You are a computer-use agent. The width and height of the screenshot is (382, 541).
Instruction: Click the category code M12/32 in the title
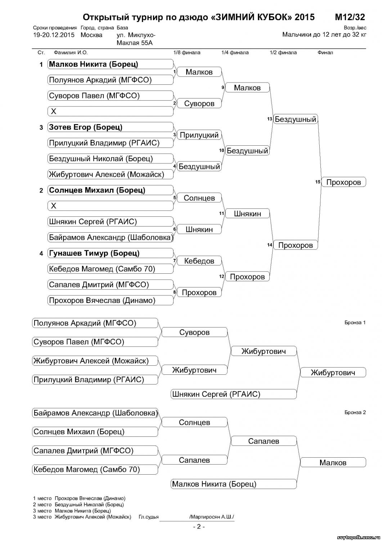(350, 17)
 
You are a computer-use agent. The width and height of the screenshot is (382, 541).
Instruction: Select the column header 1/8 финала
(186, 53)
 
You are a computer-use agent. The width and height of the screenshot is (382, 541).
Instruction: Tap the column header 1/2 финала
(283, 53)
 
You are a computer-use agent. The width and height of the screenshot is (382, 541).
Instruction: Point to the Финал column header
(325, 53)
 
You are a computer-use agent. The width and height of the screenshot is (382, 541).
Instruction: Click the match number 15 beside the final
(318, 182)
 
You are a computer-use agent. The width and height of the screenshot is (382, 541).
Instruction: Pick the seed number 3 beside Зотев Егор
(41, 127)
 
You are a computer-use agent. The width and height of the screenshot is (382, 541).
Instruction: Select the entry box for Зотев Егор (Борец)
(110, 127)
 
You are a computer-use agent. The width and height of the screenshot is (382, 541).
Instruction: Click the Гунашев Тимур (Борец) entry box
(110, 253)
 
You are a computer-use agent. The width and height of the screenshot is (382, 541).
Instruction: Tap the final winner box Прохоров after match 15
(343, 182)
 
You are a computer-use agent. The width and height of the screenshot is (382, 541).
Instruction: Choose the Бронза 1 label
(355, 322)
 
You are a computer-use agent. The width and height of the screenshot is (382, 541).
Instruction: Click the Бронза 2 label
(355, 412)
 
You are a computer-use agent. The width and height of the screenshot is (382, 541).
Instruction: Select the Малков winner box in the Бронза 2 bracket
(333, 463)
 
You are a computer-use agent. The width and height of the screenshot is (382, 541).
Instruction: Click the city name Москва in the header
(91, 35)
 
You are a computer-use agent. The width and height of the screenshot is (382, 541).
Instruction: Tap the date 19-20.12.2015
(54, 35)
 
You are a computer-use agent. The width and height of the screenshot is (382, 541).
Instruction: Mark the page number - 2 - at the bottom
(199, 527)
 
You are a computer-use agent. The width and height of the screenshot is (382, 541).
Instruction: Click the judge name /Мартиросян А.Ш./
(212, 517)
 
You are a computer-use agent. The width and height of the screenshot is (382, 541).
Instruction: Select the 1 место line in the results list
(79, 498)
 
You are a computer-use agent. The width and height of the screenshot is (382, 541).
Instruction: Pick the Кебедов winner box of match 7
(199, 261)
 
